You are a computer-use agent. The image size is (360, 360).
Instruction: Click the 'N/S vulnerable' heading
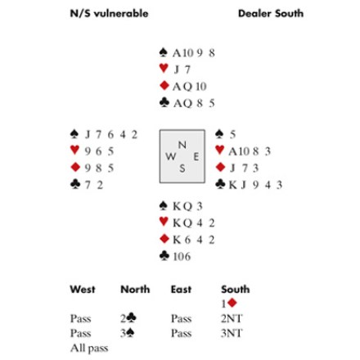[109, 13]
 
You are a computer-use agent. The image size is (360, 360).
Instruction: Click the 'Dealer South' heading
[271, 13]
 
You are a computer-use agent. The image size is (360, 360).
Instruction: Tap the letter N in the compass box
[182, 145]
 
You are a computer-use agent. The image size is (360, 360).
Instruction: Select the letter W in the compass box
[170, 156]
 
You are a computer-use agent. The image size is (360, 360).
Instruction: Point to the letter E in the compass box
[196, 157]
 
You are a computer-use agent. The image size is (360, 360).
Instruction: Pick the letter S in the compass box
[182, 169]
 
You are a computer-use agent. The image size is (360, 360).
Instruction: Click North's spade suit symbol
[163, 52]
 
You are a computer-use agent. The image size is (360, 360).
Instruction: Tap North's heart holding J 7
[182, 70]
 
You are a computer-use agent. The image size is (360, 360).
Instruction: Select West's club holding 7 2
[94, 185]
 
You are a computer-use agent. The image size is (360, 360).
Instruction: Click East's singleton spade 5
[232, 134]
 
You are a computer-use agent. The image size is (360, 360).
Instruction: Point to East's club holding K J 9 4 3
[255, 185]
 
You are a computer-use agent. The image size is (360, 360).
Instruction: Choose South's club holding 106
[182, 256]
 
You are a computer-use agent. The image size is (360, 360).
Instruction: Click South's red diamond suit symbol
[164, 239]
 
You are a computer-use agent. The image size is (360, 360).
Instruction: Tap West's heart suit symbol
[74, 150]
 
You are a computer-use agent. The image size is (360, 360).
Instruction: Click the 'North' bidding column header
[135, 290]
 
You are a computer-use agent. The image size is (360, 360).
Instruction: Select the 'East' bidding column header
[181, 290]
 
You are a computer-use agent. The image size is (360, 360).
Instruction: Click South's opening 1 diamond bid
[229, 304]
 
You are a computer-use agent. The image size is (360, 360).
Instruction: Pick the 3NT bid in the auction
[232, 333]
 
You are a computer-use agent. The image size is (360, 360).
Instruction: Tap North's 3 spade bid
[127, 333]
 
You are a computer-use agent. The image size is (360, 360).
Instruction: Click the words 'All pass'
[89, 348]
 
